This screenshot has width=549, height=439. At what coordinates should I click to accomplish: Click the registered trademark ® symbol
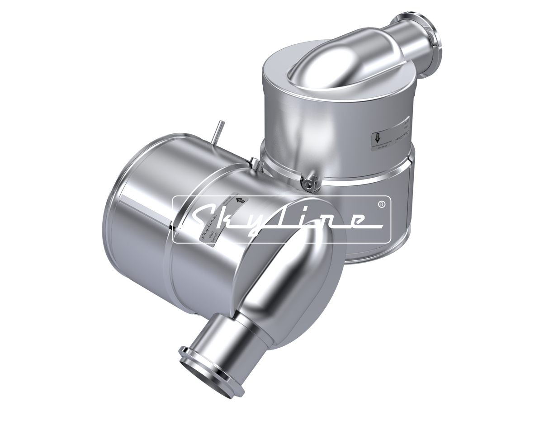(381, 205)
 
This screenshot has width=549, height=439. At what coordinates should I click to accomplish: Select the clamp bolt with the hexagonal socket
(310, 183)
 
